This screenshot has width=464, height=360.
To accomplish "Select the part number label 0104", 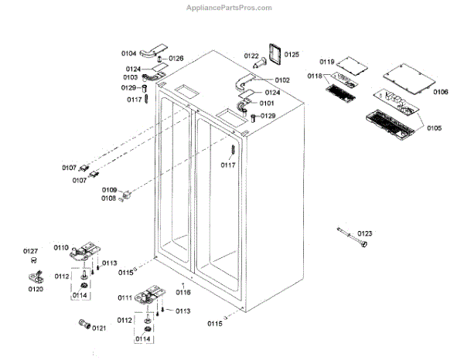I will coord(128,53).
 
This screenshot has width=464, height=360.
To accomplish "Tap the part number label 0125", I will coord(292,54).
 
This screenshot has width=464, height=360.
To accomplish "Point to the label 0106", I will coord(441,92).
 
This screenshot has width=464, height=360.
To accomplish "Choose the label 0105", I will coord(433,127).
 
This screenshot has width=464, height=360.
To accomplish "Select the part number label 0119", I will coord(326,61).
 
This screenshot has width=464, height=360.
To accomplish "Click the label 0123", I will coord(364,233).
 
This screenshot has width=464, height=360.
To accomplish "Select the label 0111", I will coord(125,297).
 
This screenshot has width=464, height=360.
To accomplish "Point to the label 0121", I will coord(99,328).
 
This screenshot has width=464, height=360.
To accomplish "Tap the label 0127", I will coord(30,251).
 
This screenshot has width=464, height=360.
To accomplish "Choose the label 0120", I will coord(36,289).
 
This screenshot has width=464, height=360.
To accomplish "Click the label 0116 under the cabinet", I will coord(183,292).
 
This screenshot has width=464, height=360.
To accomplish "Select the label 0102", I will coord(281,80).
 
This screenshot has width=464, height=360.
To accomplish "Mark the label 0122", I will coord(252,56).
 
